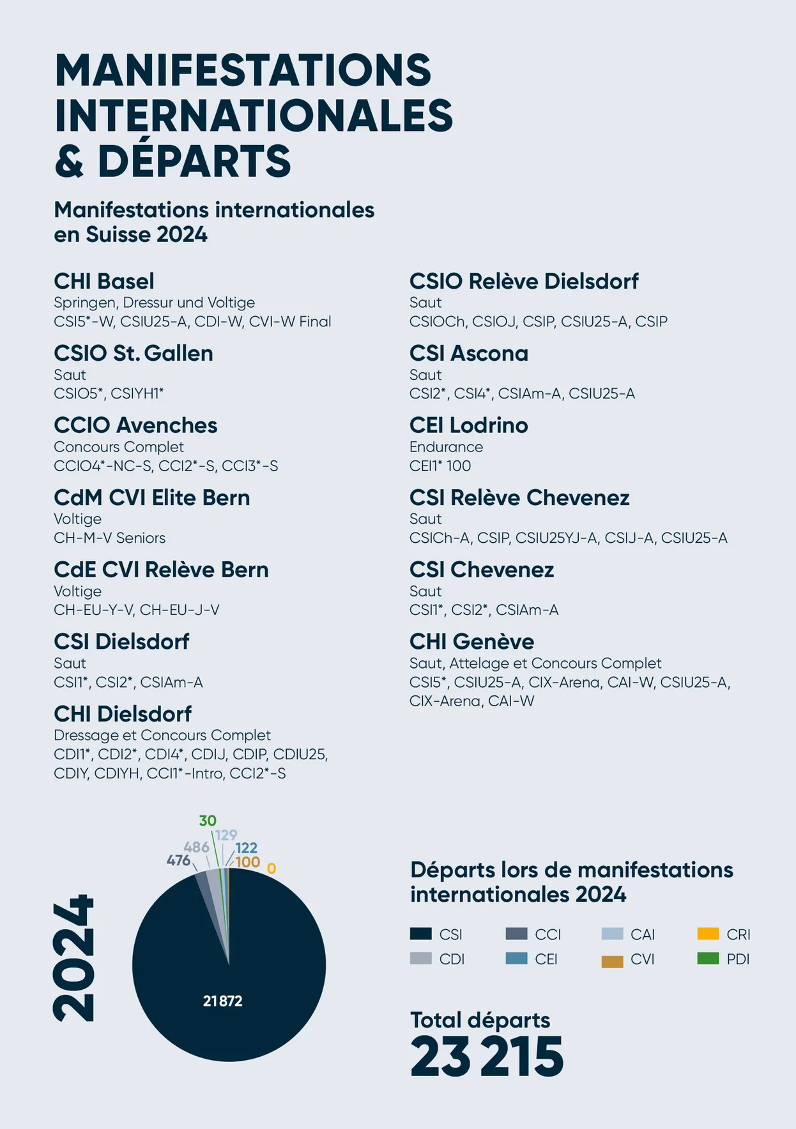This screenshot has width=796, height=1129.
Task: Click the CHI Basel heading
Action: pos(104,281)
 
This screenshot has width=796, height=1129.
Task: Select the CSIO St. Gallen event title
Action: pos(133,353)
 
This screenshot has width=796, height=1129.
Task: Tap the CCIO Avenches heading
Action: pos(135,425)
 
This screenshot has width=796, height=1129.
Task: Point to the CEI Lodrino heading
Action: pos(468,425)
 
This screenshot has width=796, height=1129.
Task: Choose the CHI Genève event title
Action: pos(471,641)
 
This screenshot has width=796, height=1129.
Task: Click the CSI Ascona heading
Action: pos(468,353)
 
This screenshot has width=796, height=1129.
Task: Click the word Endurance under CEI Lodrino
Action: pos(446,447)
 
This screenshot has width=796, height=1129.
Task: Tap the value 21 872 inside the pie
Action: pos(222,1001)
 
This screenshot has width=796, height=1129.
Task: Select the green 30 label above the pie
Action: pos(208,821)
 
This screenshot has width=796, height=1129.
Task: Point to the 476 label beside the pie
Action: pos(178,860)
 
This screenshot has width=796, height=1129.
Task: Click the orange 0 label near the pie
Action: pos(272,869)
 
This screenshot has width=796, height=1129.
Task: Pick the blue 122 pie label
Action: pos(246,848)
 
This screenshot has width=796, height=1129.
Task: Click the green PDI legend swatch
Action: pos(708,959)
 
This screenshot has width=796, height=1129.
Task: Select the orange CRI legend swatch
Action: pos(708,934)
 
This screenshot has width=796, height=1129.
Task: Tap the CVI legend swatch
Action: pos(612,961)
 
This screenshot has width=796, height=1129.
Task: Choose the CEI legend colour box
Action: pos(516,959)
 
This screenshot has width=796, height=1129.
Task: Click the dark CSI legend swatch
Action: pos(420,934)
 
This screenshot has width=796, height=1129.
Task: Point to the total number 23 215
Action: pos(487,1057)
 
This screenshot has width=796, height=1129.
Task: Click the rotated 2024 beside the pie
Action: pos(74,958)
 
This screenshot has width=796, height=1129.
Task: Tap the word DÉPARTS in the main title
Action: pos(194,161)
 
